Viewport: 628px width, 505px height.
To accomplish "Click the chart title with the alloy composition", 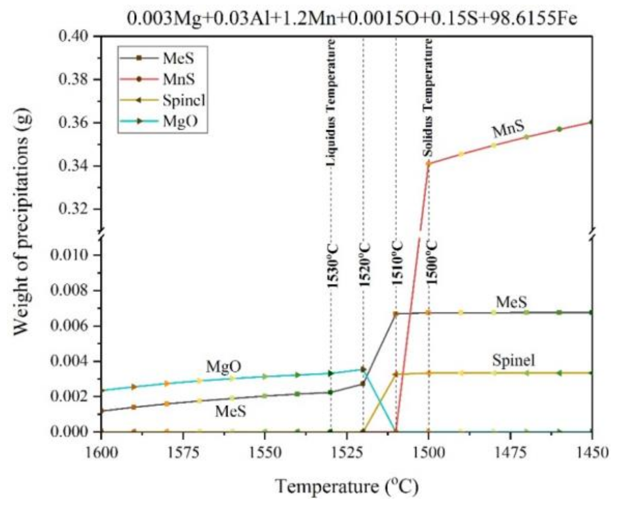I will [352, 19].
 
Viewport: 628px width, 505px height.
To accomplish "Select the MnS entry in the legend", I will [178, 79].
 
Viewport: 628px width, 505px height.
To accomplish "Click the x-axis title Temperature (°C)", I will [347, 487].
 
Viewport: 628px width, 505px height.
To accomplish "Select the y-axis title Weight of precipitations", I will [22, 221].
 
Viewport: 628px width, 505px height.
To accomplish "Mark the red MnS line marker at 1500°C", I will [429, 164].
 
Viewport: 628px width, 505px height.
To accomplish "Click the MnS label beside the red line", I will [508, 130].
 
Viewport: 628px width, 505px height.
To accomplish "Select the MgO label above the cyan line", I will [223, 367].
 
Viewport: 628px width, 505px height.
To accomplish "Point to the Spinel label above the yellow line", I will [513, 360].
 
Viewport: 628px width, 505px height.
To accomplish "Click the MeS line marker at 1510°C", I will [396, 314].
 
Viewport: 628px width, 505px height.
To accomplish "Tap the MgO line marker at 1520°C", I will [363, 369].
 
